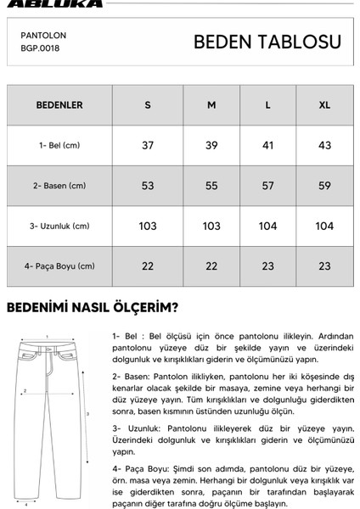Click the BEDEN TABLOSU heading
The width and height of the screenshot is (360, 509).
pyautogui.click(x=267, y=42)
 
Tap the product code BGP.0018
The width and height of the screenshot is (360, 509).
pyautogui.click(x=40, y=48)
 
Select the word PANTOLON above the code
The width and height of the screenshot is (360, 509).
pyautogui.click(x=43, y=36)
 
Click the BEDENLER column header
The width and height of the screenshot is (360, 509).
pyautogui.click(x=59, y=105)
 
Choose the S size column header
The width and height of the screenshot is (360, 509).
pyautogui.click(x=148, y=105)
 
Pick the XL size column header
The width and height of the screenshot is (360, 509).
pyautogui.click(x=323, y=105)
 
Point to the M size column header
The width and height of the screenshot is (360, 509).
pyautogui.click(x=211, y=105)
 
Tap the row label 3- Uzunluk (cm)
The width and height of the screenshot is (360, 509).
pyautogui.click(x=59, y=227)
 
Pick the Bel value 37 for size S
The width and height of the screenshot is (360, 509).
pyautogui.click(x=148, y=146)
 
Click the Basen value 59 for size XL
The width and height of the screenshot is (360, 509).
pyautogui.click(x=323, y=186)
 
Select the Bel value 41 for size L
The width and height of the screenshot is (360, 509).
pyautogui.click(x=267, y=146)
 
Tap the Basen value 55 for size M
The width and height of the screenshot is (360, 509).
pyautogui.click(x=211, y=186)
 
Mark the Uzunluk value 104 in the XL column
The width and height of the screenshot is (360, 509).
pyautogui.click(x=323, y=227)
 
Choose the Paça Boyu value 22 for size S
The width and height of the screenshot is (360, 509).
pyautogui.click(x=148, y=266)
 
